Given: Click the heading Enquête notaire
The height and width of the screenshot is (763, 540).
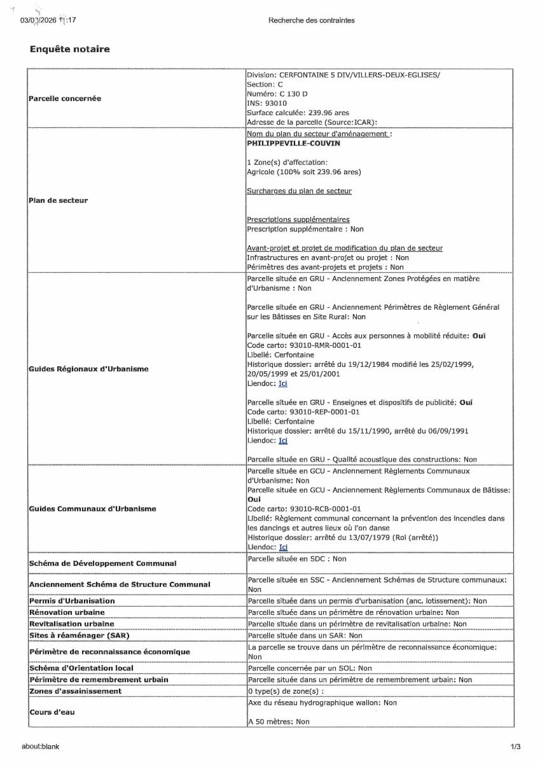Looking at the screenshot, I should click(x=69, y=49).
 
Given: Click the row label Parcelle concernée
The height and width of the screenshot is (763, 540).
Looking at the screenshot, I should click(x=65, y=99).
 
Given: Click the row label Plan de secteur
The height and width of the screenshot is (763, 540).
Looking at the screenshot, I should click(x=59, y=200).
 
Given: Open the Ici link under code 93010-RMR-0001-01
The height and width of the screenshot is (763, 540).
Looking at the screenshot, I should click(x=283, y=383).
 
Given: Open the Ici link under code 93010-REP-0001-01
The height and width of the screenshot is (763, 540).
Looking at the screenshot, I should click(x=283, y=440).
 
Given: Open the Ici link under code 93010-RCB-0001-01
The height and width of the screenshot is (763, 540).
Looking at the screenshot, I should click(x=283, y=547).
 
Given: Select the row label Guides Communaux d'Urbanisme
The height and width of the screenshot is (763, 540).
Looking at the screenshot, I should click(x=92, y=509).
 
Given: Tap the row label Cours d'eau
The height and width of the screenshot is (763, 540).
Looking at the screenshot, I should click(x=52, y=712).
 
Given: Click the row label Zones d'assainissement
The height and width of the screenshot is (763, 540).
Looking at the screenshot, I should click(x=75, y=691).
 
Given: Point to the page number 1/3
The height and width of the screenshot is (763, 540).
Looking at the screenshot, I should click(x=515, y=746).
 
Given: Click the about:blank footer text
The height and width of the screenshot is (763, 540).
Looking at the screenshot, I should click(x=40, y=746).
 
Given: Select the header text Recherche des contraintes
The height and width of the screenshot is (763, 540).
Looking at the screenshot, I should click(x=311, y=20).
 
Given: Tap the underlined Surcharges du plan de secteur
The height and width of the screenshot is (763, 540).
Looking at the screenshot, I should click(x=299, y=191).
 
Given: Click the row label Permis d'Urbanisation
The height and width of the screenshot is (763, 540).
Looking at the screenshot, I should click(x=72, y=601).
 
